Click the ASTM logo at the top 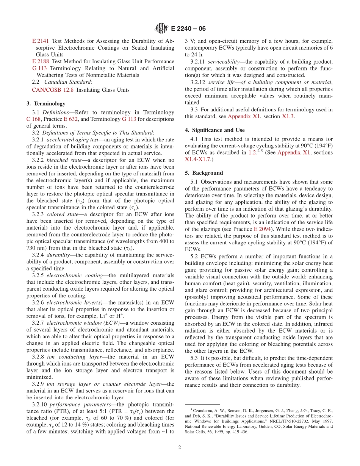[162, 28]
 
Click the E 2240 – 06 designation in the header [188, 28]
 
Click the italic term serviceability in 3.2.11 [220, 61]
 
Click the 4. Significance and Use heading [214, 130]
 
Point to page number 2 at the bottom [180, 447]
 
